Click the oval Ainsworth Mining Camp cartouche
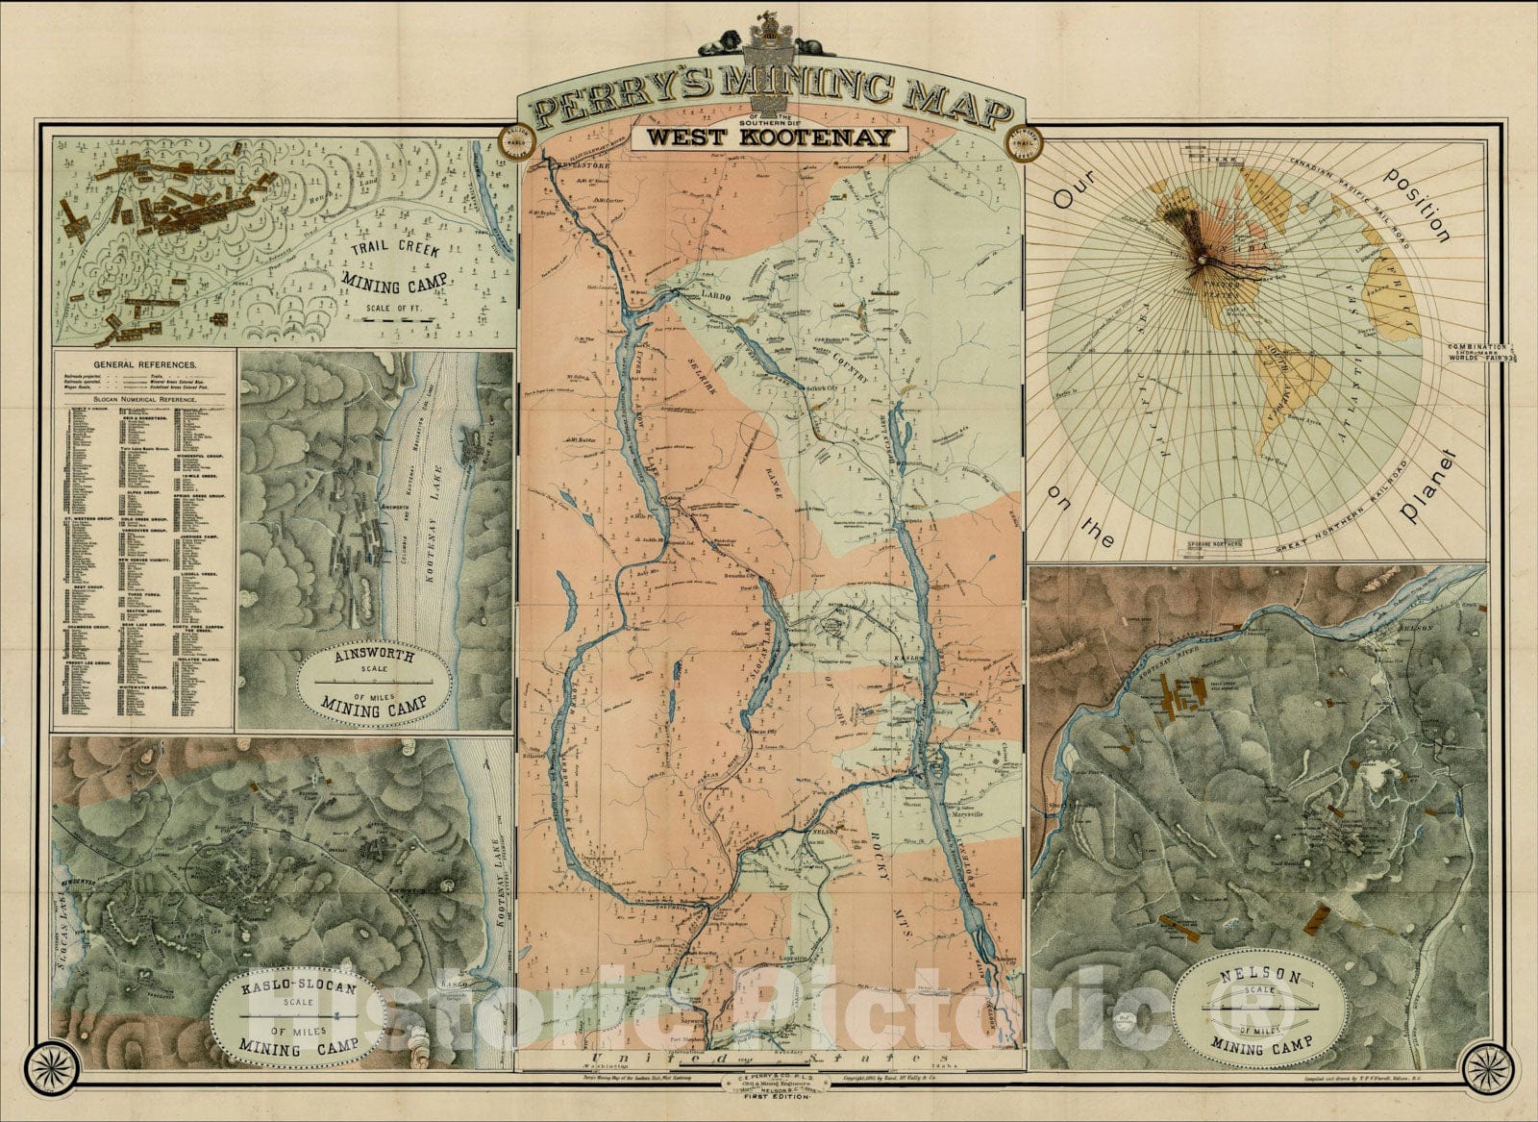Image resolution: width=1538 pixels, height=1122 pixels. point(375,681)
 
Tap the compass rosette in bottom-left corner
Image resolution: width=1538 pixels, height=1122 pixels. point(47,1061)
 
